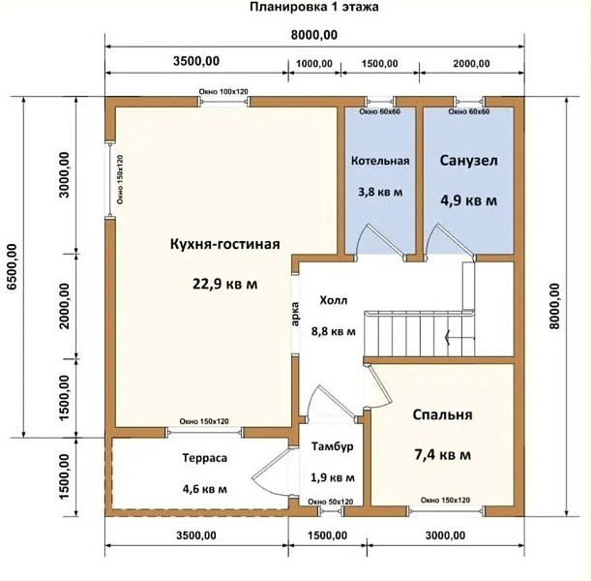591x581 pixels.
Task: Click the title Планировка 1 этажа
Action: [x=314, y=7]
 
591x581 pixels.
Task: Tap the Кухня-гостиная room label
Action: [x=225, y=244]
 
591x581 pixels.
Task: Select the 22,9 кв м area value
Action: [x=225, y=284]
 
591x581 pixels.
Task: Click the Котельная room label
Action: [x=380, y=161]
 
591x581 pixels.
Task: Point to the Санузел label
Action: [x=468, y=161]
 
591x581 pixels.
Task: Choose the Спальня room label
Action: [x=442, y=414]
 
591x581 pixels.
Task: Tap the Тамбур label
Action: [x=333, y=446]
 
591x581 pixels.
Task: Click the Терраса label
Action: [x=205, y=458]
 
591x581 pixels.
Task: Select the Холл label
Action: [x=334, y=300]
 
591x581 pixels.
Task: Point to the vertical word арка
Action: [x=295, y=315]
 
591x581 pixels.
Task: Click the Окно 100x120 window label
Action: [x=223, y=92]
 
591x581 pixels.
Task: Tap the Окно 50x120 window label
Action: [x=331, y=502]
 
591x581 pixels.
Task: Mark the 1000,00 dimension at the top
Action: [x=314, y=63]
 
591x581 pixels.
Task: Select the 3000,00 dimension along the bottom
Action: [x=445, y=535]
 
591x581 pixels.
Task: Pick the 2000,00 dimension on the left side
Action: [x=65, y=306]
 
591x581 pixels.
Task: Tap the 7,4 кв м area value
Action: [x=442, y=454]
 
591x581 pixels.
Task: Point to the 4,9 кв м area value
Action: [x=468, y=200]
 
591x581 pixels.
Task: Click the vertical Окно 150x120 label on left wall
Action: [x=120, y=179]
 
